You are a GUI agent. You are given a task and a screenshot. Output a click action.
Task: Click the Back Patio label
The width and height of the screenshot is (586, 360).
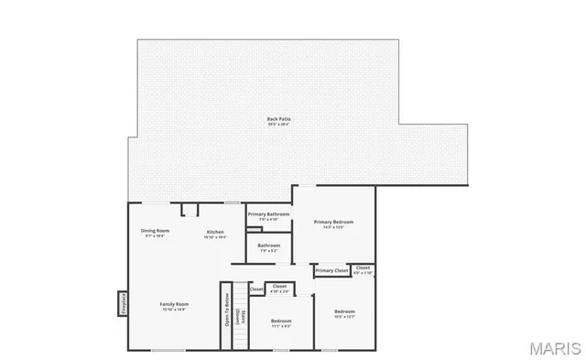click(278, 119)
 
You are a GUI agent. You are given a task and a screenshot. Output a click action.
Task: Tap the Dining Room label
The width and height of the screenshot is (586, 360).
click(155, 230)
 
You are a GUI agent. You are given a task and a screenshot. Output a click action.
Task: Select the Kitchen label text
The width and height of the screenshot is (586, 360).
click(215, 232)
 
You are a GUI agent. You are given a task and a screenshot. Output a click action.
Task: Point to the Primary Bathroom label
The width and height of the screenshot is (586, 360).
click(268, 214)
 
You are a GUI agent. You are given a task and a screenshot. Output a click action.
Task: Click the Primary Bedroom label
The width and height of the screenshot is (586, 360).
click(333, 222)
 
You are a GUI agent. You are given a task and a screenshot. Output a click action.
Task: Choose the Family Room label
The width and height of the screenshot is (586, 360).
click(174, 304)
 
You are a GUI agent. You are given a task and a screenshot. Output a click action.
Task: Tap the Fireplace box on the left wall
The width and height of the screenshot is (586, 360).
click(123, 303)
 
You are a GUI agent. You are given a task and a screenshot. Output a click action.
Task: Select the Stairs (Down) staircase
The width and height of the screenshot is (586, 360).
click(241, 315)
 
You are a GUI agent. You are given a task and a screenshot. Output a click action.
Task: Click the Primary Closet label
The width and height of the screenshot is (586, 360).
click(331, 270)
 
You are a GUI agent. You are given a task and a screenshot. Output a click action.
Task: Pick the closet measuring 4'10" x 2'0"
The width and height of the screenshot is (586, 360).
click(280, 289)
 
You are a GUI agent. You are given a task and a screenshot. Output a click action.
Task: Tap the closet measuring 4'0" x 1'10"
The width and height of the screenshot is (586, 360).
click(364, 270)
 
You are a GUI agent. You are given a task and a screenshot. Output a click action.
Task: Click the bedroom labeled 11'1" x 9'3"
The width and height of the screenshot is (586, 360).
click(281, 322)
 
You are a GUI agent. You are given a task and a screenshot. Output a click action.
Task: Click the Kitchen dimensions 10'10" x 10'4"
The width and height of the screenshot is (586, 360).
click(215, 237)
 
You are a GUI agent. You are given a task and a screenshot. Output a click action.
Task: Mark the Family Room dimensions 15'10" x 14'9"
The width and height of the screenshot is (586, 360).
click(174, 310)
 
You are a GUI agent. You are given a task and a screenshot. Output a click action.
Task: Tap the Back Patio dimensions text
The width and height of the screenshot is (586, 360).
click(278, 125)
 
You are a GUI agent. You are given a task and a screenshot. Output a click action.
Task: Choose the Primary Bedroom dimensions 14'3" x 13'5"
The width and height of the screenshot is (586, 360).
click(333, 227)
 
